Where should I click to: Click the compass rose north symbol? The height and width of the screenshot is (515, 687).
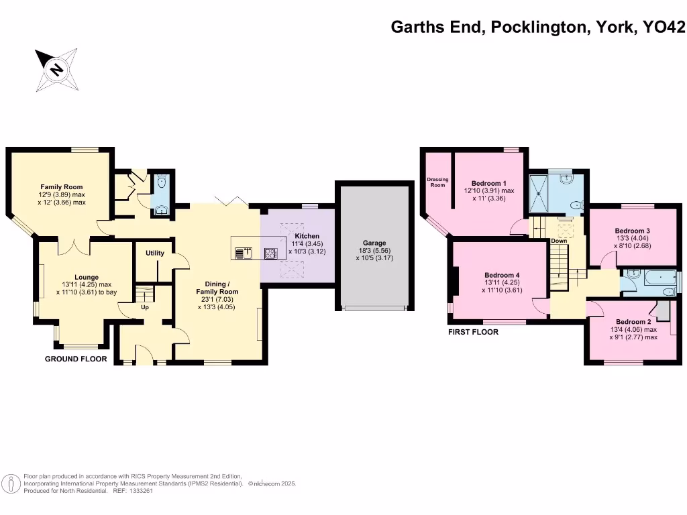pyautogui.click(x=57, y=69)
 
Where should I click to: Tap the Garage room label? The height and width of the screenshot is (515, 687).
pyautogui.click(x=375, y=243)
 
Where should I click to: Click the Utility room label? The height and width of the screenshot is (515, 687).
pyautogui.click(x=155, y=253)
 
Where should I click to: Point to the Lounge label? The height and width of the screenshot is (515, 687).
pyautogui.click(x=87, y=277)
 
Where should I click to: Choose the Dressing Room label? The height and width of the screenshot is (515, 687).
pyautogui.click(x=437, y=182)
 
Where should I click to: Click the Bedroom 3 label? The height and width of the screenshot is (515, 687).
pyautogui.click(x=633, y=230)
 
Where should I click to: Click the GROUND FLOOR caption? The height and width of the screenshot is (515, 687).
pyautogui.click(x=76, y=359)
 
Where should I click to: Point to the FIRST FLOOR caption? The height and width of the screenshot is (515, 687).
pyautogui.click(x=473, y=332)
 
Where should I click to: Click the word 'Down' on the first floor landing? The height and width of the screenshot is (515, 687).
pyautogui.click(x=559, y=240)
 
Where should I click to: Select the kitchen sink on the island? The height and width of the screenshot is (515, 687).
pyautogui.click(x=242, y=253)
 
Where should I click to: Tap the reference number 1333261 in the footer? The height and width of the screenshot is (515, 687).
pyautogui.click(x=145, y=492)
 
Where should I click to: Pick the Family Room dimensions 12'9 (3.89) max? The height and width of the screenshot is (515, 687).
pyautogui.click(x=62, y=194)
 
